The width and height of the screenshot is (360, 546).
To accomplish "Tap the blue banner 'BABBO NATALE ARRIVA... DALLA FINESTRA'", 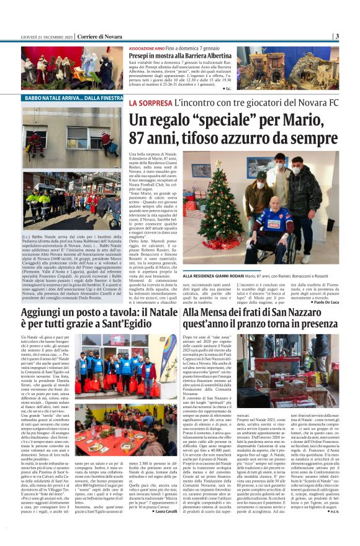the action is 74,98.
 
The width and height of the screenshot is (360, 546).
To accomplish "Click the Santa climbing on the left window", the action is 35,142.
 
